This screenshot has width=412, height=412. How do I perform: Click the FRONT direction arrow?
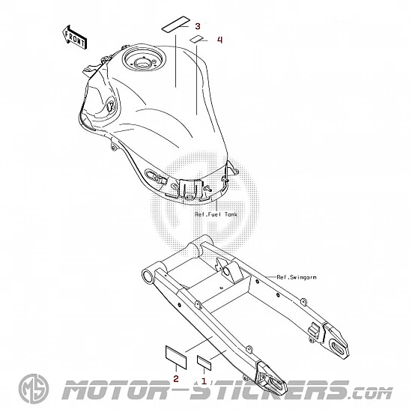[x=75, y=37]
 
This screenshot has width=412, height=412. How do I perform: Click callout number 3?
[x=198, y=26]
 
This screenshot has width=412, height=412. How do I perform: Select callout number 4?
[x=219, y=40]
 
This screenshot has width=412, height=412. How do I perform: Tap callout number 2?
[x=176, y=378]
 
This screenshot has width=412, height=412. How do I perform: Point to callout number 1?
[x=204, y=381]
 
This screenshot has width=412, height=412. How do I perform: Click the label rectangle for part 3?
[x=175, y=25]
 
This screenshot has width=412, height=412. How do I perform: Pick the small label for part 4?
[x=196, y=39]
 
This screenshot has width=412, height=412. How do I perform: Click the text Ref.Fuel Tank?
[x=216, y=214]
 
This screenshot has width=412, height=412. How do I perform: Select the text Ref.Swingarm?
[x=297, y=277]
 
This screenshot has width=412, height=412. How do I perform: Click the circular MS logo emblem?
[x=34, y=389]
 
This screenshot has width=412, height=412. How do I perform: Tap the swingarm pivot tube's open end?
[x=148, y=276]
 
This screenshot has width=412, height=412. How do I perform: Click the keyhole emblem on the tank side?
[x=111, y=106]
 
